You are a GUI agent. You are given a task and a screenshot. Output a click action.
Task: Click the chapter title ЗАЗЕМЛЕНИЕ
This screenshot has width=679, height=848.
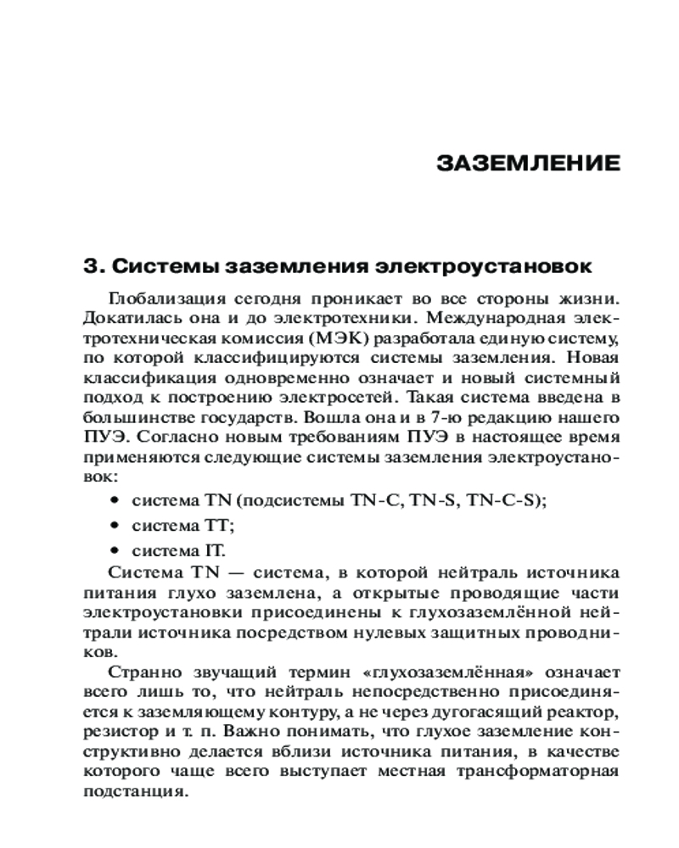coord(528,164)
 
